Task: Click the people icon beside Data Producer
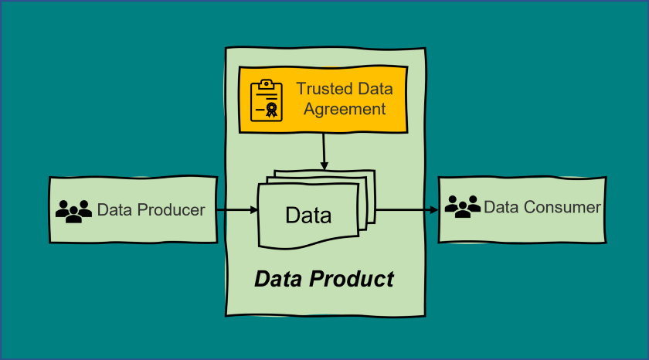[x=73, y=211]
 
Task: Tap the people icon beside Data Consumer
[x=462, y=207]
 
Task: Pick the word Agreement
[x=345, y=109]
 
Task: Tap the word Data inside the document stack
[x=308, y=215]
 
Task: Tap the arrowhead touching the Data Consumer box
[x=433, y=209]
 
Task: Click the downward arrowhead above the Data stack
[x=324, y=166]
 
